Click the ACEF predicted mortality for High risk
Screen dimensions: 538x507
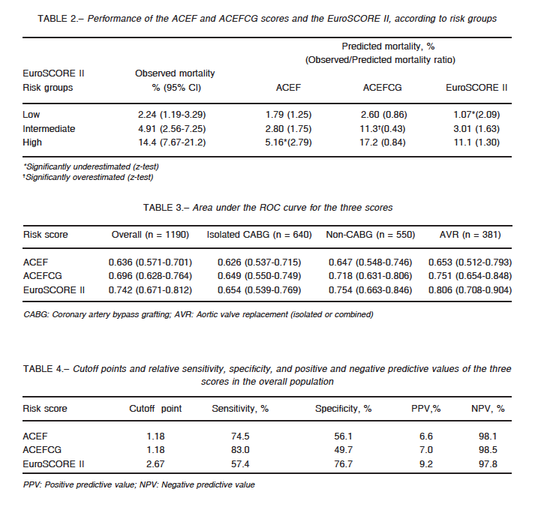click(288, 142)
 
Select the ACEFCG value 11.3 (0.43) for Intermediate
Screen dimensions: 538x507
click(382, 129)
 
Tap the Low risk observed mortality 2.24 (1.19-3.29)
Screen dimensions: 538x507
click(172, 115)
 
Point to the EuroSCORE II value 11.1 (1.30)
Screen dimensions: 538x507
click(476, 142)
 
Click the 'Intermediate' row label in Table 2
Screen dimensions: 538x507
click(49, 129)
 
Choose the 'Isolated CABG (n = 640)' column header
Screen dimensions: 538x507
click(259, 235)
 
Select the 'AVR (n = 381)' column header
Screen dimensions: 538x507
click(470, 235)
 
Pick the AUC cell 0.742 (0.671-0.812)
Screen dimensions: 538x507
click(150, 290)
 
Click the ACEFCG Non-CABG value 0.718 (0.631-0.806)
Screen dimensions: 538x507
click(370, 276)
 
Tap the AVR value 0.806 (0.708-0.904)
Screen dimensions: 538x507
click(470, 290)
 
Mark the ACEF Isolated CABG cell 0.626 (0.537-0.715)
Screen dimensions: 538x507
click(259, 262)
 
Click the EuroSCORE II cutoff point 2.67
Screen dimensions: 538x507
click(155, 464)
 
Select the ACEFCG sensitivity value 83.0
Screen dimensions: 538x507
click(240, 450)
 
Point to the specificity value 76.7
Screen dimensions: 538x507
click(343, 464)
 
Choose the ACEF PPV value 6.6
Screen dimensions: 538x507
click(425, 436)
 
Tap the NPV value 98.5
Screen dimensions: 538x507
click(488, 450)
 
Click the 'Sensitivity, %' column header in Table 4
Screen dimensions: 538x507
click(240, 409)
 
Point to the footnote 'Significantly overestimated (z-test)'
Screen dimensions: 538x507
click(89, 177)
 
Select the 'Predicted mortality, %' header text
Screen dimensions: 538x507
click(388, 46)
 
